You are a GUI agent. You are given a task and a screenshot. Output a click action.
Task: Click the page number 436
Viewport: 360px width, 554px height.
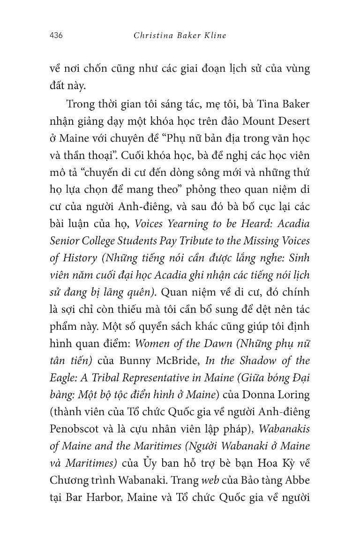coord(56,36)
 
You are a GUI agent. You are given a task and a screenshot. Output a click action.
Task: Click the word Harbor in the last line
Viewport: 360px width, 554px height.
coord(103,497)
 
